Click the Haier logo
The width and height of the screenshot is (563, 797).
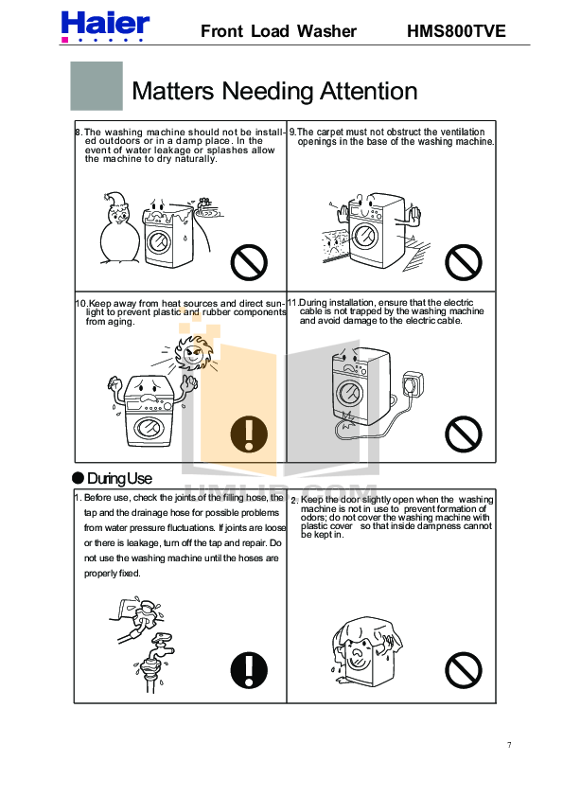click(x=105, y=27)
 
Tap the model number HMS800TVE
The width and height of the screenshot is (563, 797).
click(x=456, y=31)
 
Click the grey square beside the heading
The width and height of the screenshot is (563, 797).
click(x=97, y=86)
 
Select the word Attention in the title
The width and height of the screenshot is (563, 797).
click(x=368, y=92)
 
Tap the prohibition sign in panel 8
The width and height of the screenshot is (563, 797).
click(x=249, y=262)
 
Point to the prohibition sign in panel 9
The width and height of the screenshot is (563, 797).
click(x=464, y=262)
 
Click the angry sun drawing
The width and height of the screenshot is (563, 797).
click(x=194, y=351)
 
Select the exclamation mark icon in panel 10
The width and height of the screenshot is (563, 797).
click(x=249, y=434)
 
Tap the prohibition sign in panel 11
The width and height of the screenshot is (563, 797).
click(x=464, y=434)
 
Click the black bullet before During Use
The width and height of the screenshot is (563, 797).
click(x=78, y=478)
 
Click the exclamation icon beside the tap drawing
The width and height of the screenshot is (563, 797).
click(x=249, y=670)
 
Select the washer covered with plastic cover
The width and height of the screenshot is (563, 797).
click(x=366, y=651)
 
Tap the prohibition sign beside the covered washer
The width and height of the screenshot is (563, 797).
click(x=464, y=670)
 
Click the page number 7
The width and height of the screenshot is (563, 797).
click(x=509, y=745)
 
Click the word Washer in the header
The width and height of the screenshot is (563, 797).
click(x=326, y=31)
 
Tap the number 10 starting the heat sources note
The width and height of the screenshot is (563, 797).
click(x=81, y=304)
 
